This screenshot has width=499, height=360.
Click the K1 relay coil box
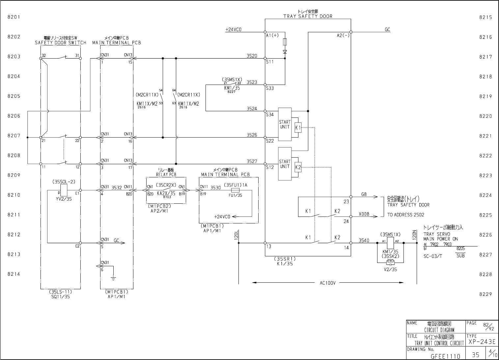click(x=298, y=127)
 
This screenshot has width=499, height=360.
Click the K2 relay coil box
click(x=298, y=167)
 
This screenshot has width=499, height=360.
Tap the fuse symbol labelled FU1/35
click(x=236, y=190)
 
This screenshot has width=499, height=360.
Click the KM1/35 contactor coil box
click(x=390, y=243)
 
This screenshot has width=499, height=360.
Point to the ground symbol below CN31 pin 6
click(x=113, y=279)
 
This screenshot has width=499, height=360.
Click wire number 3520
click(x=252, y=56)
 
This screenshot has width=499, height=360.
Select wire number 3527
click(x=252, y=162)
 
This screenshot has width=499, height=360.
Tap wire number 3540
click(x=364, y=241)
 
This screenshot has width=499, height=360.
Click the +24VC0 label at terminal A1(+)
click(x=233, y=30)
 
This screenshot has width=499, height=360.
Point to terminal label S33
click(x=270, y=88)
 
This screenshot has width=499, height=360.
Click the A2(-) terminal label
click(x=343, y=36)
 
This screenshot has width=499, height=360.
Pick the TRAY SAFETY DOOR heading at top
click(x=308, y=16)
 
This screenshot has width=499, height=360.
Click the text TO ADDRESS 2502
click(x=405, y=215)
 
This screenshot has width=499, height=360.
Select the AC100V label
click(x=328, y=283)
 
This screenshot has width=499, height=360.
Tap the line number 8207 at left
click(x=14, y=136)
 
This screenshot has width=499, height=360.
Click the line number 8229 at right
click(x=485, y=294)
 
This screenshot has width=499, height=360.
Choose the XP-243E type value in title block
click(x=482, y=342)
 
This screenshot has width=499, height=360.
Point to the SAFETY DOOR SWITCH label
click(x=61, y=43)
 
